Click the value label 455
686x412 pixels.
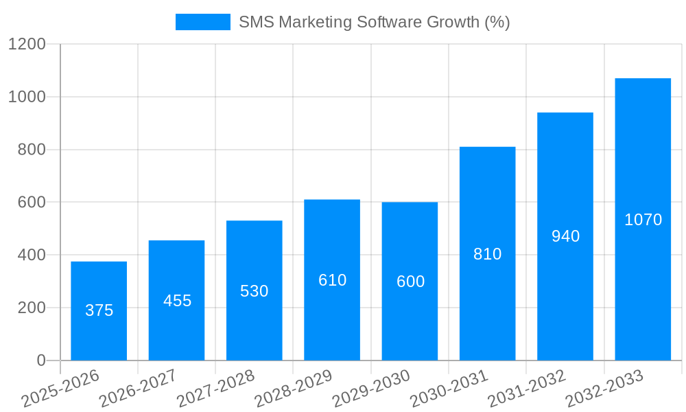click(177, 301)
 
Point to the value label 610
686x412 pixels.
click(332, 280)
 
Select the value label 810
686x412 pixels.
click(487, 254)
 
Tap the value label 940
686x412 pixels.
click(565, 236)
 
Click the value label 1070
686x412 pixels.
click(643, 220)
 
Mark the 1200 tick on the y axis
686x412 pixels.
click(27, 44)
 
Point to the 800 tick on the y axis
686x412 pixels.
click(32, 150)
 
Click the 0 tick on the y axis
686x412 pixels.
click(41, 360)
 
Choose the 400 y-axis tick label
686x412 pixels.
click(32, 255)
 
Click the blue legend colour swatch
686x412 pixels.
click(202, 22)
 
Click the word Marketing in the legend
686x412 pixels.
click(311, 22)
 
